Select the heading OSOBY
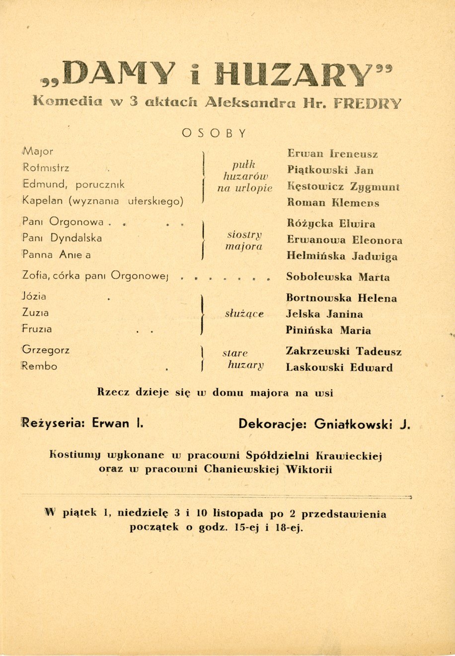tap(214, 133)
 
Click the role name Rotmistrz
tap(46, 168)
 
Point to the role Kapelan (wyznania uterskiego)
tap(103, 201)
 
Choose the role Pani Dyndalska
tap(62, 238)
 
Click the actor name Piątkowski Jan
tap(330, 170)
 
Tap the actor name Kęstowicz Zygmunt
tap(343, 187)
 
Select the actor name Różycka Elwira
tap(331, 224)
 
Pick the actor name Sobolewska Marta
tap(338, 277)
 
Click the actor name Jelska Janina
tap(324, 314)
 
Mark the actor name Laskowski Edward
tap(339, 368)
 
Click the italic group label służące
tap(244, 314)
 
